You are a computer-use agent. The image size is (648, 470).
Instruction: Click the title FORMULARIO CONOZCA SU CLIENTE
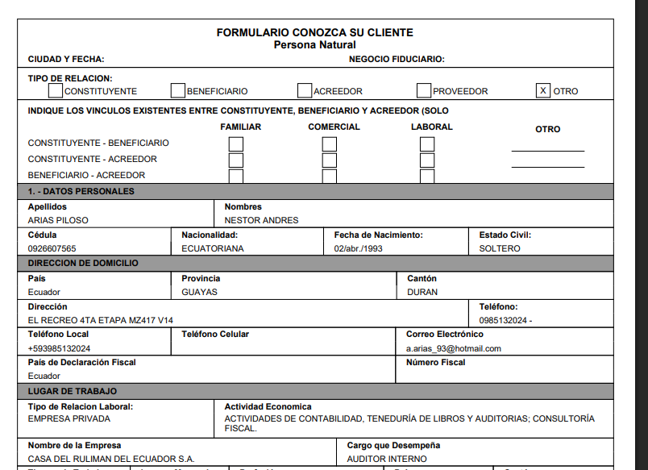314,32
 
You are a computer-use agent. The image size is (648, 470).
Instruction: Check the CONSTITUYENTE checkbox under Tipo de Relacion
56,90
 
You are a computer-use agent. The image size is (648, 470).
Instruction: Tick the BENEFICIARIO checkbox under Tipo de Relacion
178,90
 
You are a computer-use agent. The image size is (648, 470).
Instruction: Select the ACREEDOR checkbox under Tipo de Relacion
305,90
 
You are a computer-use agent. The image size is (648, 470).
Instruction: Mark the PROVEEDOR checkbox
424,90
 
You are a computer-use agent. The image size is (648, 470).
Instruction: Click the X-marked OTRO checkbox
544,90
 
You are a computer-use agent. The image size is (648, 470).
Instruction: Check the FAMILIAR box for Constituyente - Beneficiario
236,143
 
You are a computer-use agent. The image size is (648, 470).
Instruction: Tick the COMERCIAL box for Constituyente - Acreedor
330,160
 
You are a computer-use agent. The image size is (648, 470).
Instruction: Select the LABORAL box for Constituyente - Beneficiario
427,143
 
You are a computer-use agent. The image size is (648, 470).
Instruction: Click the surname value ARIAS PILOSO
58,220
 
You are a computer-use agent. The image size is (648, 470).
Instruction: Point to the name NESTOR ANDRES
261,220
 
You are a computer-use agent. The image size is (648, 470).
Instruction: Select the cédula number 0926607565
52,248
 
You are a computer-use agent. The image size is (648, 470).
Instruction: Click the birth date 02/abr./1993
359,248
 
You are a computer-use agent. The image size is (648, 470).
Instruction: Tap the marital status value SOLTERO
500,248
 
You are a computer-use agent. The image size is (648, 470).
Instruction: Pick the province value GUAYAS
199,292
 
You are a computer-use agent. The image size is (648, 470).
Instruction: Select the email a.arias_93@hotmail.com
454,348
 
